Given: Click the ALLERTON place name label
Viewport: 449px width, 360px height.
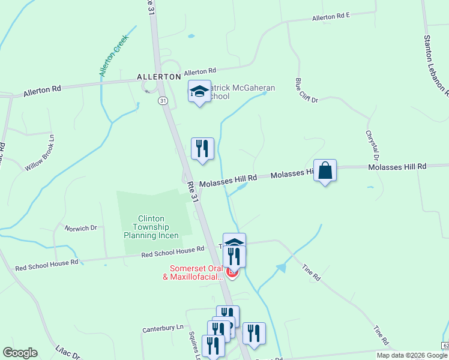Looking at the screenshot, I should tap(158, 77).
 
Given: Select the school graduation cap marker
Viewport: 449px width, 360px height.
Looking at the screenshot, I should tap(199, 91).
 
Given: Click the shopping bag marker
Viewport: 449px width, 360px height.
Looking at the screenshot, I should tap(325, 170).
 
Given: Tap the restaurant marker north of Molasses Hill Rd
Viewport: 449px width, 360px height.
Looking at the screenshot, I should tap(202, 149).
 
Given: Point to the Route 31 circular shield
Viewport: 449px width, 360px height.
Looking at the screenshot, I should tap(163, 101).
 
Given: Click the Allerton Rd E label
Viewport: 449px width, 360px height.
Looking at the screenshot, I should tap(331, 17).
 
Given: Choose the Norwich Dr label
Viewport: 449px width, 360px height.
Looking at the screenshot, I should tap(81, 228).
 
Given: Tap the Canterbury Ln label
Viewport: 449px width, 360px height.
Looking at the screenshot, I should tap(163, 329).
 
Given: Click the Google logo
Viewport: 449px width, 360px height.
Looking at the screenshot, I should tap(20, 353).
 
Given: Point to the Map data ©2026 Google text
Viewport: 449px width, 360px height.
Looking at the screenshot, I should tap(411, 355).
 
